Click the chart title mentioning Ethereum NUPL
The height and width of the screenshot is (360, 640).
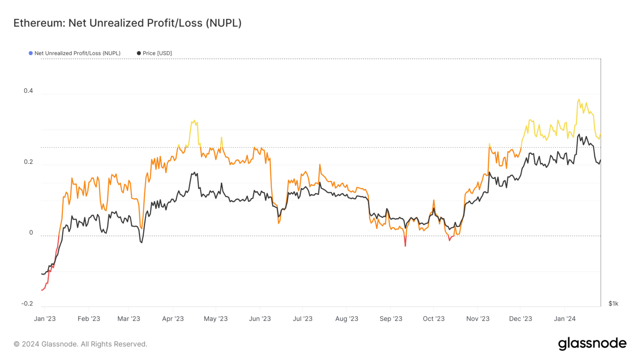[127, 23]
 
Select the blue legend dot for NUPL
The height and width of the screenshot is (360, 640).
[30, 53]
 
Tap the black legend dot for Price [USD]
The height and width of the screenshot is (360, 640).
[139, 53]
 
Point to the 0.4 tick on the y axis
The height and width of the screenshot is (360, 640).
[28, 91]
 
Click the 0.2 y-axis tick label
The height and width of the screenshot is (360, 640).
[28, 162]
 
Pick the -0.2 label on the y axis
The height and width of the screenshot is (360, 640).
[27, 304]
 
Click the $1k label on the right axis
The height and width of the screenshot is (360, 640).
[613, 304]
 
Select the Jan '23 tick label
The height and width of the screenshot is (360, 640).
[45, 319]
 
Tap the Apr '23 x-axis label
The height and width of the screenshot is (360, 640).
[172, 319]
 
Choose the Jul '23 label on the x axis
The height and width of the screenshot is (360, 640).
[302, 319]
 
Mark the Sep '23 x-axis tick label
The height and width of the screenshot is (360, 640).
[391, 319]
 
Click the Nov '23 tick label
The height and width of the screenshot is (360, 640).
[477, 319]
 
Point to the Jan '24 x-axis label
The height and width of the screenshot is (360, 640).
[565, 319]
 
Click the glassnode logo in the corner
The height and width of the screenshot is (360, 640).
[592, 344]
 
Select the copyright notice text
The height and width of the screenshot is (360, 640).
[80, 344]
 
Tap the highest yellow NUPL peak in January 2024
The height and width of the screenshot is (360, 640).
[579, 100]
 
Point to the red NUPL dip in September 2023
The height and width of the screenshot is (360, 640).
[405, 245]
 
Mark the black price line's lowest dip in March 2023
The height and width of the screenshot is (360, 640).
[142, 242]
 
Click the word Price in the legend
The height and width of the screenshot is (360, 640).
[149, 53]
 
